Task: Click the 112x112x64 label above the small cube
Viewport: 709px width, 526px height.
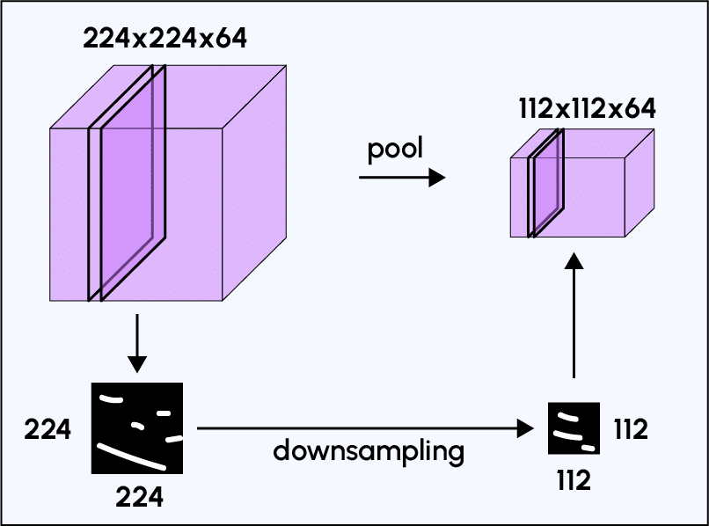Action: point(587,108)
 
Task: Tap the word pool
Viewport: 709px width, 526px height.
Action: point(395,149)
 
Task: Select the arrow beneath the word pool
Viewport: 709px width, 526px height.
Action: point(401,179)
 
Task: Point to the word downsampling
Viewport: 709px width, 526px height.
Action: point(368,451)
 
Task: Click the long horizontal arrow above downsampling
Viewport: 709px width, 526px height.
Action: point(365,428)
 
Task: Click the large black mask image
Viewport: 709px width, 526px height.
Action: point(137,428)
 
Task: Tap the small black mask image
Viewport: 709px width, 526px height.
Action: point(574,428)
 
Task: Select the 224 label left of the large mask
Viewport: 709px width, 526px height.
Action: point(48,430)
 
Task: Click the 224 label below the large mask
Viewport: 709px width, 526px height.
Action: point(139,497)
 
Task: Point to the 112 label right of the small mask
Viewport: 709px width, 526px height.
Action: point(630,429)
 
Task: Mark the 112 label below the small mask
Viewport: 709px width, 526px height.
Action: point(573,480)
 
